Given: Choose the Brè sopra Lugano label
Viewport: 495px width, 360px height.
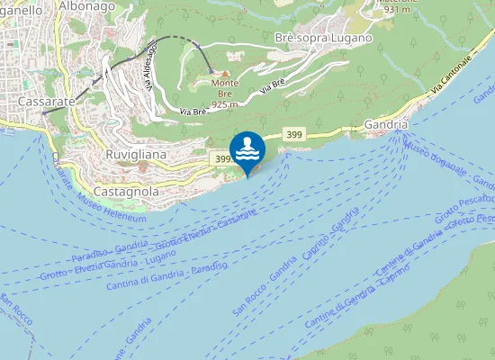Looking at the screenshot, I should point(321,38).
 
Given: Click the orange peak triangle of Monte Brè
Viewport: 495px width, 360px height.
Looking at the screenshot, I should point(225,73).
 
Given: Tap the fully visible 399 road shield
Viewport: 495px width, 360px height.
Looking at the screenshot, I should point(292,134).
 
